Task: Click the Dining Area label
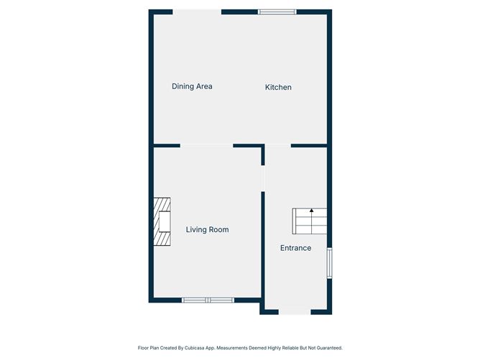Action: coord(192,87)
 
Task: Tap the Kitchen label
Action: coord(278,88)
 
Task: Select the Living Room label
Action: coord(207,230)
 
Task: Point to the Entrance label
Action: coord(295,248)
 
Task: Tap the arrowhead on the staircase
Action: coord(311,211)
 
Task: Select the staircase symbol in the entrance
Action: coord(310,221)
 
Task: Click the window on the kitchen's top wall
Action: coord(277,11)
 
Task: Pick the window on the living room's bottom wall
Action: coord(207,300)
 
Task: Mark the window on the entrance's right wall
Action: coord(329,264)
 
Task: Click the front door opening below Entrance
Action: coord(295,312)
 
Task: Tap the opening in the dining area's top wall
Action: coord(196,11)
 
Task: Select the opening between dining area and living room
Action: coord(207,146)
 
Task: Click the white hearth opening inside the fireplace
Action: coord(165,222)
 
